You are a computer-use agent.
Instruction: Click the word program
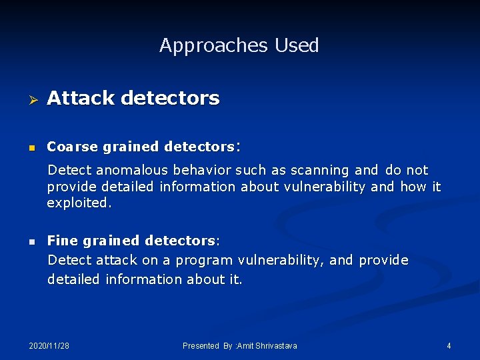200,260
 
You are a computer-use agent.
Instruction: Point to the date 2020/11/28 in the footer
49,346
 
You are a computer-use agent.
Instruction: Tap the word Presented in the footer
201,346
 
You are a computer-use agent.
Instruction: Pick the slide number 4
449,346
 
